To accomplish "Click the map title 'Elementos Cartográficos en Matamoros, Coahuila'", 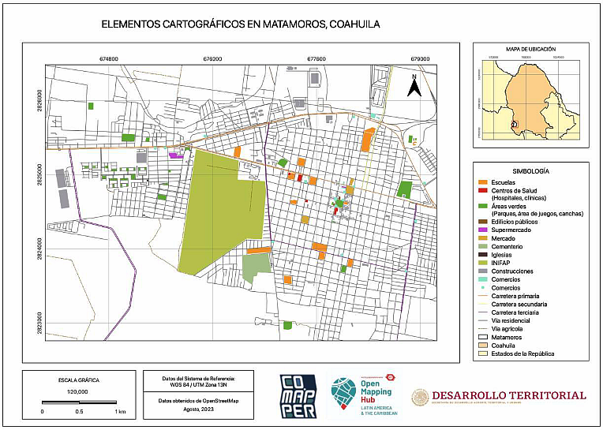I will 241,24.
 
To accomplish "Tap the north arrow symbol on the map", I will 413,85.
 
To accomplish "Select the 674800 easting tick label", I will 108,58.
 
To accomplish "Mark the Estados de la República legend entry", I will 522,353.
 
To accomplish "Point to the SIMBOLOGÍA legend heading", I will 530,170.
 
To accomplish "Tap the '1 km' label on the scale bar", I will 120,411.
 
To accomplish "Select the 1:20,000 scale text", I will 77,391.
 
